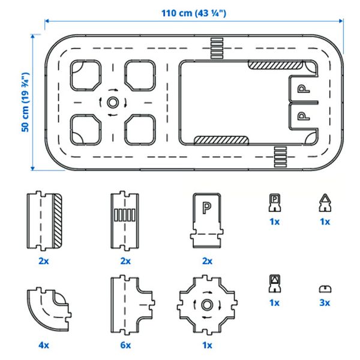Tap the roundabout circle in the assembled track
tap(112, 103)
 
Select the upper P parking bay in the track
tap(304, 90)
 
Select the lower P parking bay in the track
tap(304, 114)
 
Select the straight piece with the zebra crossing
tap(125, 221)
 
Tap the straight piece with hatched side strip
tap(45, 221)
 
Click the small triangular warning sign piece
tap(325, 204)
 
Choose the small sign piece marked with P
tap(274, 204)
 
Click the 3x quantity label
tap(325, 303)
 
